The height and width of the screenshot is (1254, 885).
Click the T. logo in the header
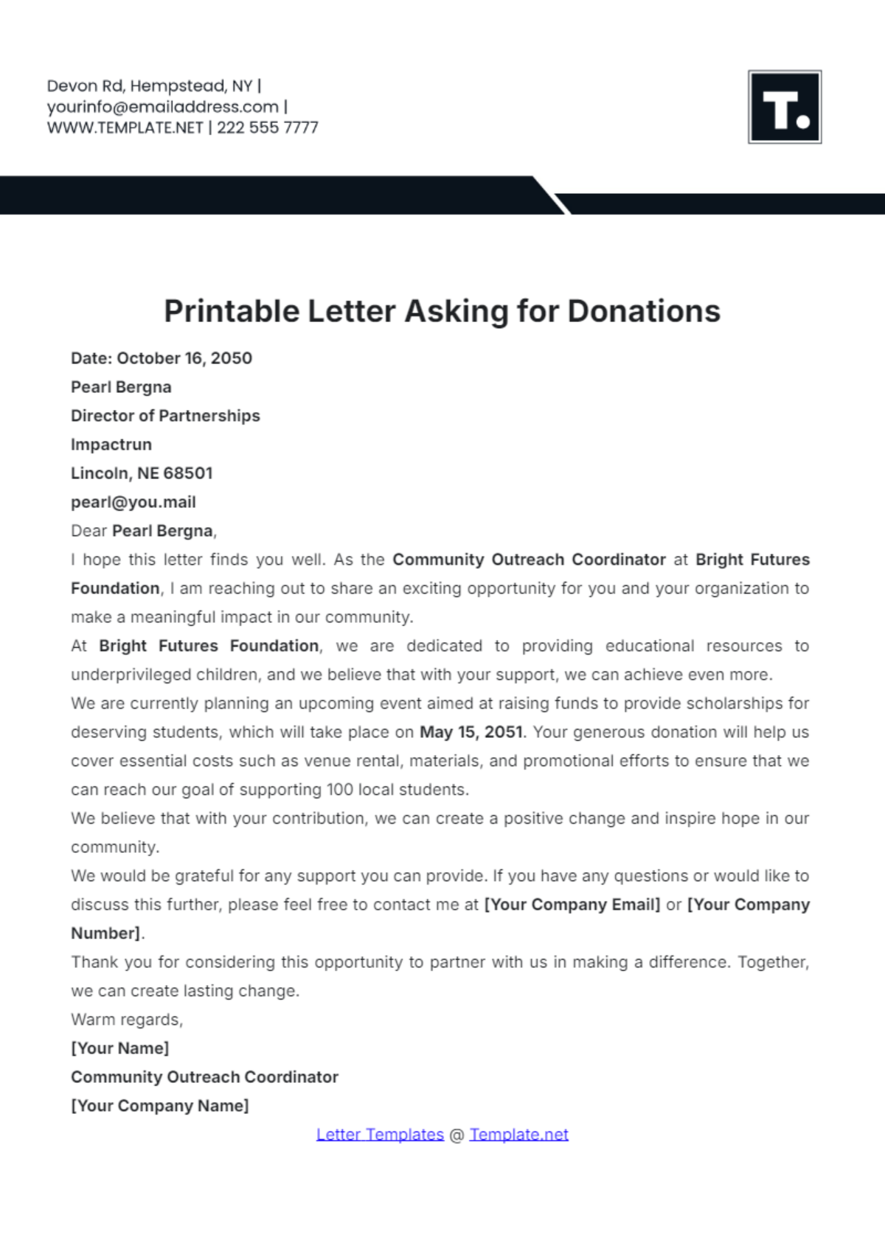pyautogui.click(x=785, y=107)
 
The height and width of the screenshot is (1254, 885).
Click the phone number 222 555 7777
pyautogui.click(x=268, y=128)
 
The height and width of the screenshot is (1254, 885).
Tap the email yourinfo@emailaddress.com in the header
pyautogui.click(x=163, y=107)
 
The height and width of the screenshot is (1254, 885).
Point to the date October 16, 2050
pyautogui.click(x=184, y=358)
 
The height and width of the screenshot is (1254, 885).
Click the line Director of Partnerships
pyautogui.click(x=165, y=416)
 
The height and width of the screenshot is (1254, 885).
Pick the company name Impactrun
pyautogui.click(x=111, y=445)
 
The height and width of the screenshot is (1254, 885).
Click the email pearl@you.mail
pyautogui.click(x=133, y=502)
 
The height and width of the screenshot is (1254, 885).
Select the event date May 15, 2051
pyautogui.click(x=471, y=732)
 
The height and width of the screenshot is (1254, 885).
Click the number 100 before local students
pyautogui.click(x=340, y=790)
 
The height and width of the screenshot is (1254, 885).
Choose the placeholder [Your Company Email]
pyautogui.click(x=572, y=905)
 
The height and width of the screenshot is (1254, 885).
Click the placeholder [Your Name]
pyautogui.click(x=120, y=1048)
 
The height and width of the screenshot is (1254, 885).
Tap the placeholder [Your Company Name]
pyautogui.click(x=160, y=1106)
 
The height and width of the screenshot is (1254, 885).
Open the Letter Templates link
pyautogui.click(x=380, y=1135)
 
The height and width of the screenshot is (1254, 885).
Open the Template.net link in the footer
pyautogui.click(x=519, y=1135)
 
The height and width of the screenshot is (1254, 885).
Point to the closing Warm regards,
pyautogui.click(x=127, y=1020)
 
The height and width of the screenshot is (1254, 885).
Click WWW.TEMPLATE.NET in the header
pyautogui.click(x=125, y=128)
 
